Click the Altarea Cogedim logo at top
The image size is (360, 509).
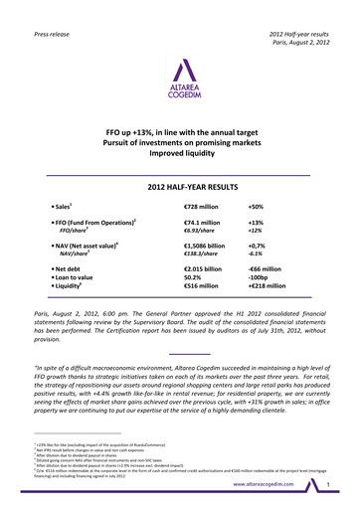(x=179, y=80)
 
